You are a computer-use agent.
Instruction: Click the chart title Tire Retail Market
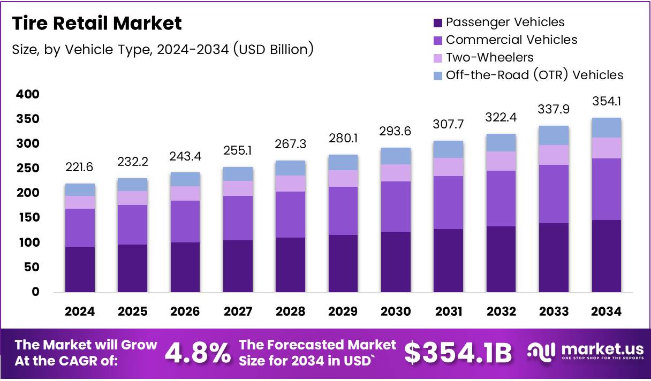click(x=97, y=24)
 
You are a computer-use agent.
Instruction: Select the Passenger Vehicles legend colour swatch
click(x=437, y=22)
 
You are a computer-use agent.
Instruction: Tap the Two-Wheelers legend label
click(x=489, y=57)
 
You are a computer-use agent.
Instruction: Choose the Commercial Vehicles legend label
click(x=511, y=40)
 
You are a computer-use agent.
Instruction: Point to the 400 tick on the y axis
click(x=28, y=95)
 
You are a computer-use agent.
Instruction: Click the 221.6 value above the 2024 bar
click(x=80, y=167)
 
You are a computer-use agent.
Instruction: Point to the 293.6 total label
click(x=396, y=131)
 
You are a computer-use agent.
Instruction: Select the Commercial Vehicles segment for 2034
click(x=607, y=189)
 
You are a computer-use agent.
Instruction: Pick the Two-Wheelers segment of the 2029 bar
click(x=343, y=178)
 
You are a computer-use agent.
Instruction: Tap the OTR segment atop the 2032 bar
click(x=501, y=142)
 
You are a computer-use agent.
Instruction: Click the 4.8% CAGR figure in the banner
click(x=198, y=353)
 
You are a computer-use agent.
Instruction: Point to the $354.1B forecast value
click(x=458, y=353)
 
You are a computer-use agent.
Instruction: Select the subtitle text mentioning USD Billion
click(x=162, y=49)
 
